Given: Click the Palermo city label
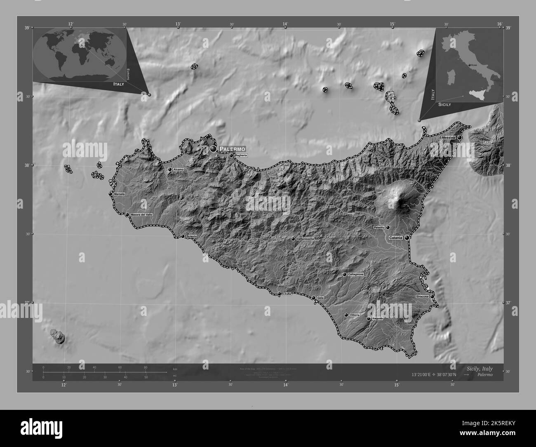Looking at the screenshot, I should [233, 148].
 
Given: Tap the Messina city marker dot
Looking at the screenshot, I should [459, 138].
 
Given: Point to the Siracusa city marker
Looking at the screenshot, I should [432, 296].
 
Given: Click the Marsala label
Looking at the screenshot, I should [119, 194].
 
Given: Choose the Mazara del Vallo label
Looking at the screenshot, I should [141, 214].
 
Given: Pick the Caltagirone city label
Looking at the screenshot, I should [355, 274].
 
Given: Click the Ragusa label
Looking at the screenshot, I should [377, 318].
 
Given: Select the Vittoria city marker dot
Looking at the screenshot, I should [346, 315].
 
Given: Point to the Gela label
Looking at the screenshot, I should [320, 298].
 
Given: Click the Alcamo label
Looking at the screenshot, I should [179, 169].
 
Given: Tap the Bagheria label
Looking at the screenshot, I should [241, 155].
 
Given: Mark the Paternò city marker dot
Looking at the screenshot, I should [388, 227].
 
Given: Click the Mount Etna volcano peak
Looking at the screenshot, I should [398, 199].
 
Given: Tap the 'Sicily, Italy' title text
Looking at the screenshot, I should [480, 369].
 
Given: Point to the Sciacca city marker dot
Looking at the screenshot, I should [183, 236].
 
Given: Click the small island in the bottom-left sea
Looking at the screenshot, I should [58, 336].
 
